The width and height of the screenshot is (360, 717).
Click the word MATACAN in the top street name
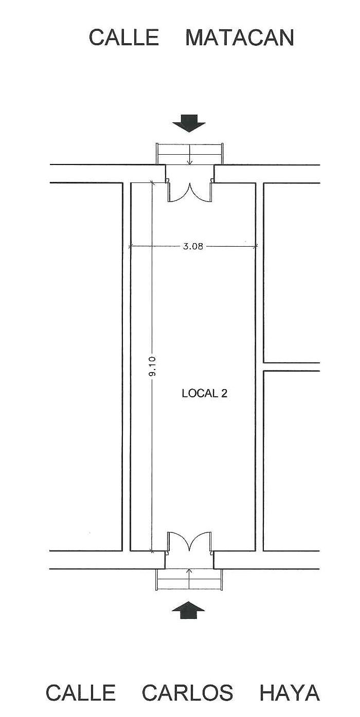tap(240, 38)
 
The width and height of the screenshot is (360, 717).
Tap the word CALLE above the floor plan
tap(124, 38)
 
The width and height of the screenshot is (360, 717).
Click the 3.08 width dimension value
tap(193, 247)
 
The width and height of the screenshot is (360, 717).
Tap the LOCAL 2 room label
tap(204, 393)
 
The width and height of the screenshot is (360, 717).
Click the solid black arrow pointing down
tap(188, 123)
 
